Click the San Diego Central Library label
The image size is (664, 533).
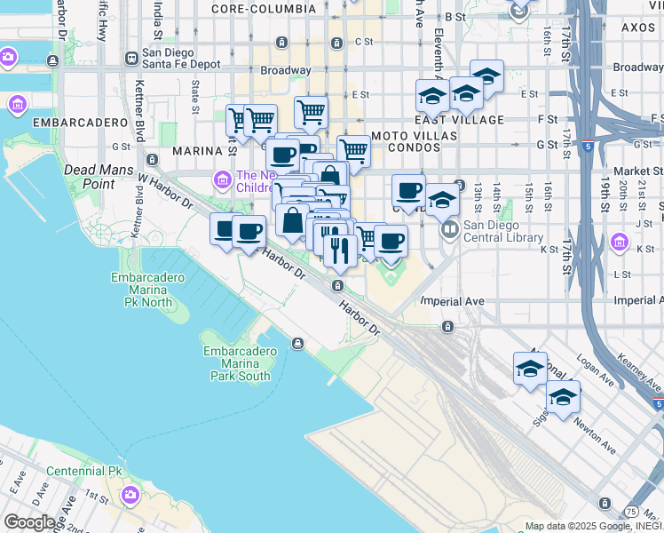pos(502,231)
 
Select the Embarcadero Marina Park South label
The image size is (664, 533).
pos(235,363)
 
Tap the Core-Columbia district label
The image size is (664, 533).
pos(263,8)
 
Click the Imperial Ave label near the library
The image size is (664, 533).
pos(452,301)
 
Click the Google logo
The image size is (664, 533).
pos(29,522)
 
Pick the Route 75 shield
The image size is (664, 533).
pos(630,512)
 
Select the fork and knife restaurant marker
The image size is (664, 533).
pos(338,249)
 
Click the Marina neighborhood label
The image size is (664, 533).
pos(195,151)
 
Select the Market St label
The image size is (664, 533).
pos(631,171)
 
